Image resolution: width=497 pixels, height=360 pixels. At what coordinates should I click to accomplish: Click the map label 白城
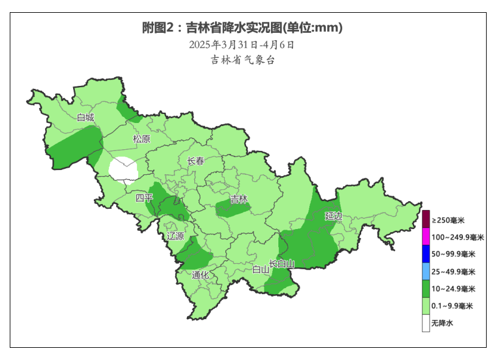point(85,118)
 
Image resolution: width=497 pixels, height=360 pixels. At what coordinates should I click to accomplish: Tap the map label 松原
point(141,139)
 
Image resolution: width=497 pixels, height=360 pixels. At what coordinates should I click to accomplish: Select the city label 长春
point(196,161)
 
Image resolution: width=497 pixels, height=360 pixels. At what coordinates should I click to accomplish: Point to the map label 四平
point(144,198)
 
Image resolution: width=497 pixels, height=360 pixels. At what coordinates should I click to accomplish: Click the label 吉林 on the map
point(239,199)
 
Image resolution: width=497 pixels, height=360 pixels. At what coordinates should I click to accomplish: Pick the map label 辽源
point(175,236)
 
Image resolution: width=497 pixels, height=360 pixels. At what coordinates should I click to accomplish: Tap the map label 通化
point(200,275)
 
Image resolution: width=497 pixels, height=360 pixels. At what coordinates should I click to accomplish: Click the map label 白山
point(260,269)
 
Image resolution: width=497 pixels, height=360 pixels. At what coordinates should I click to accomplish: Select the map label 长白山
point(282,264)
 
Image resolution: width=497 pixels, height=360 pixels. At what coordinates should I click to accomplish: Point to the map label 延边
point(333,216)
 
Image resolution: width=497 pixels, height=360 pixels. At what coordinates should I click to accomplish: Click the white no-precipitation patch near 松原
point(123,169)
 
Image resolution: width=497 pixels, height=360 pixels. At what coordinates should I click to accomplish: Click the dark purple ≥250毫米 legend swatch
point(426,219)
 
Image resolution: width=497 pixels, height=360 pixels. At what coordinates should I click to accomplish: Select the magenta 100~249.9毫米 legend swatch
point(426,237)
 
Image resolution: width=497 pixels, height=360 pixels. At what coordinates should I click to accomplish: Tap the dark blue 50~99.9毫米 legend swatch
point(426,254)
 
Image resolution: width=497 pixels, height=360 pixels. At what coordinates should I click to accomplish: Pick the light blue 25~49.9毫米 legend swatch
point(426,271)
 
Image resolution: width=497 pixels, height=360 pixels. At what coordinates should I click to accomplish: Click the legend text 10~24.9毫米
point(452,289)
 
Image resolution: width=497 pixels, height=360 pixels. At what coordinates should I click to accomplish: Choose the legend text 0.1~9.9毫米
point(452,306)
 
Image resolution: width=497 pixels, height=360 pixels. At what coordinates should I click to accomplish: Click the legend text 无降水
point(442,323)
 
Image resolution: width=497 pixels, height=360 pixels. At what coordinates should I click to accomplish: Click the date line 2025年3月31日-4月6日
point(242,44)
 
